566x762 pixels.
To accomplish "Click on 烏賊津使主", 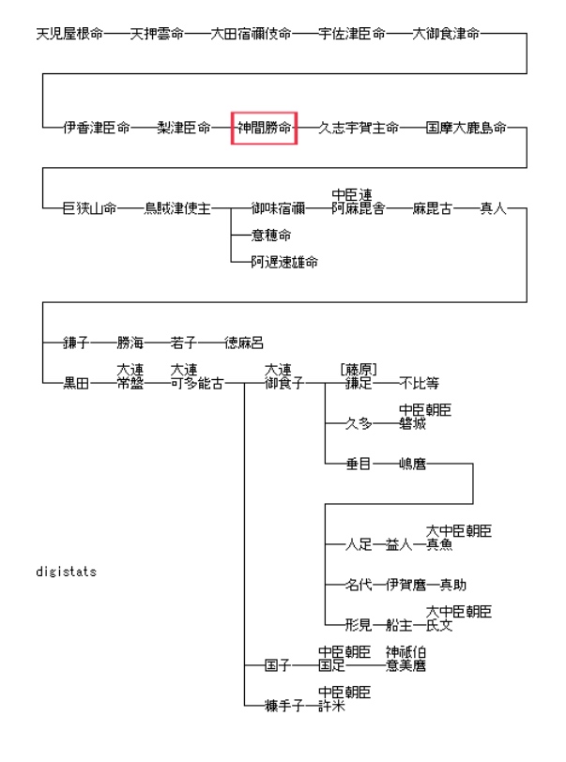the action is pos(177,208).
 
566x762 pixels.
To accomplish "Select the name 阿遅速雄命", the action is pos(283,262).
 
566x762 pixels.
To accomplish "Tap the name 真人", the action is pos(493,208).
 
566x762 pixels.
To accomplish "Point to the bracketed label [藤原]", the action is pos(359,370).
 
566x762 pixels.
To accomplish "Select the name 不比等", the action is pos(419,383).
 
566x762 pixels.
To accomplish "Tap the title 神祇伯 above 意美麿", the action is pos(405,652).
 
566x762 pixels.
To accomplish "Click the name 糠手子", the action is pos(283,706).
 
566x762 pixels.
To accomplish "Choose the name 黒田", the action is pos(76,383).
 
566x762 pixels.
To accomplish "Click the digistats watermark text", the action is pos(66,571).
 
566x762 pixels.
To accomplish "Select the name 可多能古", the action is pos(197,383).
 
